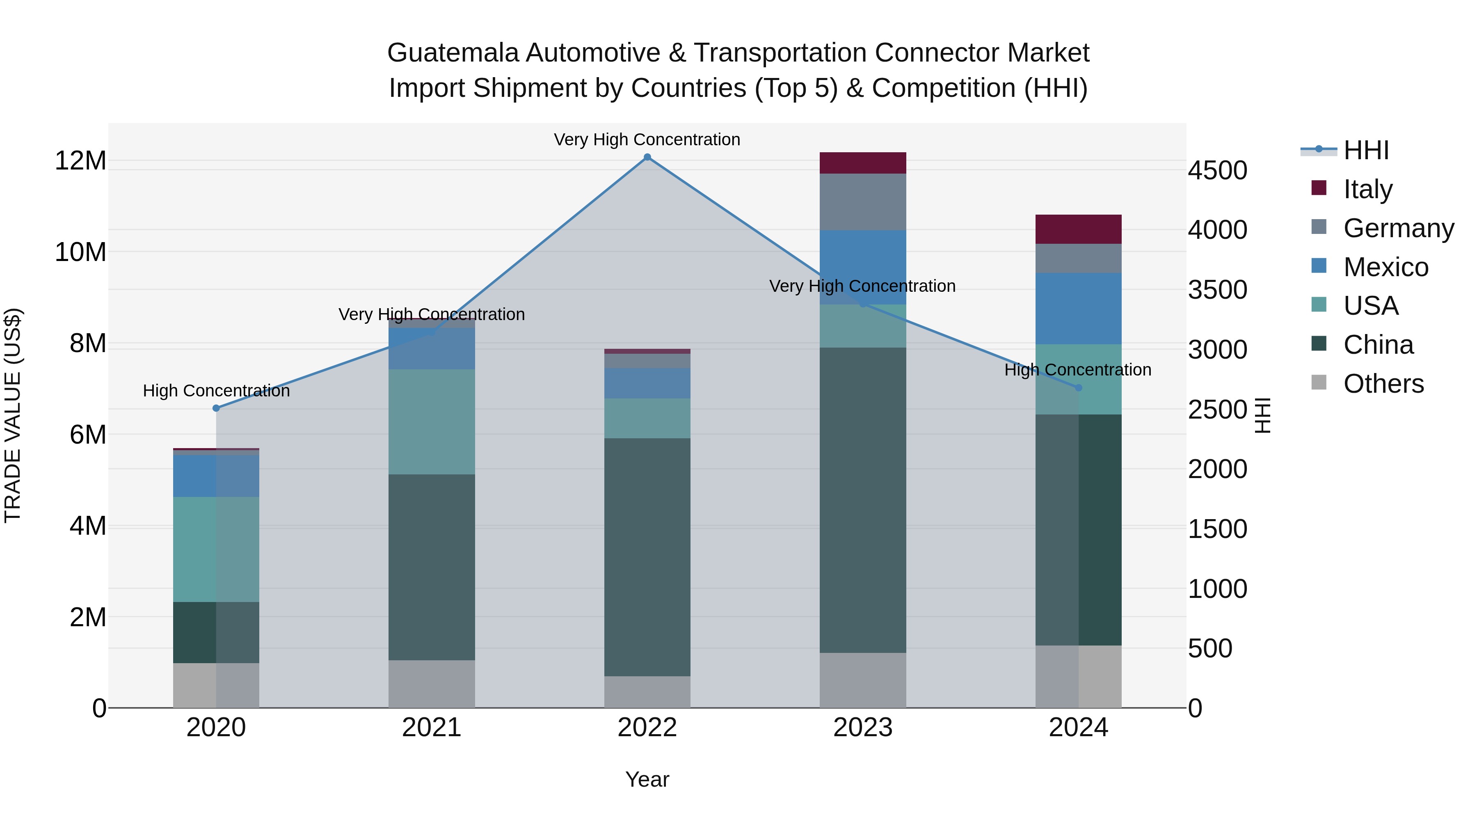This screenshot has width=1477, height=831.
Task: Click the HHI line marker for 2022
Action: pyautogui.click(x=647, y=157)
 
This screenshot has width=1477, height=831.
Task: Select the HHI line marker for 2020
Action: pyautogui.click(x=216, y=408)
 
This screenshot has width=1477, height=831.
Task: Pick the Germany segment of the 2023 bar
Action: pyautogui.click(x=862, y=202)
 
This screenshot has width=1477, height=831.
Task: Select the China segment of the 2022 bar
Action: pyautogui.click(x=647, y=556)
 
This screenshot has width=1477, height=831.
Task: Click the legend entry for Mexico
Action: pyautogui.click(x=1385, y=267)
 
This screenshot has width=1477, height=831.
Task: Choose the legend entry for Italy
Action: pyautogui.click(x=1367, y=189)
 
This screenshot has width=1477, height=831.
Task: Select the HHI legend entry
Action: pyautogui.click(x=1365, y=150)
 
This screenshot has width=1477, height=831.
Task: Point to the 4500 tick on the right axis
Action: pyautogui.click(x=1217, y=170)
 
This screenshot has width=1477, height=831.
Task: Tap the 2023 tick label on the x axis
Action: pyautogui.click(x=862, y=728)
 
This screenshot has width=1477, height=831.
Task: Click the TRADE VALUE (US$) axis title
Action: pyautogui.click(x=13, y=415)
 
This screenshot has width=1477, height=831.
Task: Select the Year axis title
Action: pyautogui.click(x=647, y=779)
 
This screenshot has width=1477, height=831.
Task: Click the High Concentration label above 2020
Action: pyautogui.click(x=216, y=391)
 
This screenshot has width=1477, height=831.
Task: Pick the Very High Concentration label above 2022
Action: pyautogui.click(x=647, y=140)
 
